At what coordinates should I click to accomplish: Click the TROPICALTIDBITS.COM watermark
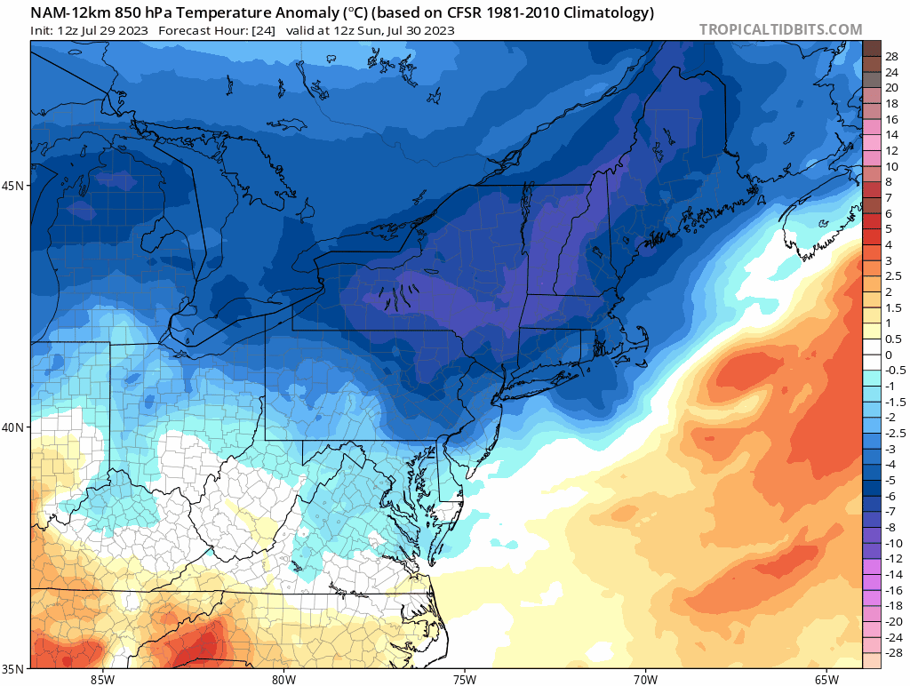(x=780, y=29)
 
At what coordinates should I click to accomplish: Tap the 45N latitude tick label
(x=15, y=186)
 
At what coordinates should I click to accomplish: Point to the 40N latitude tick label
(x=15, y=427)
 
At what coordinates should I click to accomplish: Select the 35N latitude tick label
(x=15, y=668)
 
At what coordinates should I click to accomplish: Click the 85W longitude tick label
(x=102, y=679)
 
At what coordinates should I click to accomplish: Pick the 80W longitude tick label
(x=283, y=679)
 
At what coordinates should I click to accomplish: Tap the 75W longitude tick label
(x=464, y=679)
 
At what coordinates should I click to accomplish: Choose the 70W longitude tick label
(x=645, y=679)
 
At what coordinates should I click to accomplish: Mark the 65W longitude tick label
(x=826, y=679)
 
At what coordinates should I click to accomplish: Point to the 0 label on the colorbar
(x=889, y=355)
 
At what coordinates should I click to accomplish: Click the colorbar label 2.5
(x=893, y=276)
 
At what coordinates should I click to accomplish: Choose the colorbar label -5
(x=891, y=480)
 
